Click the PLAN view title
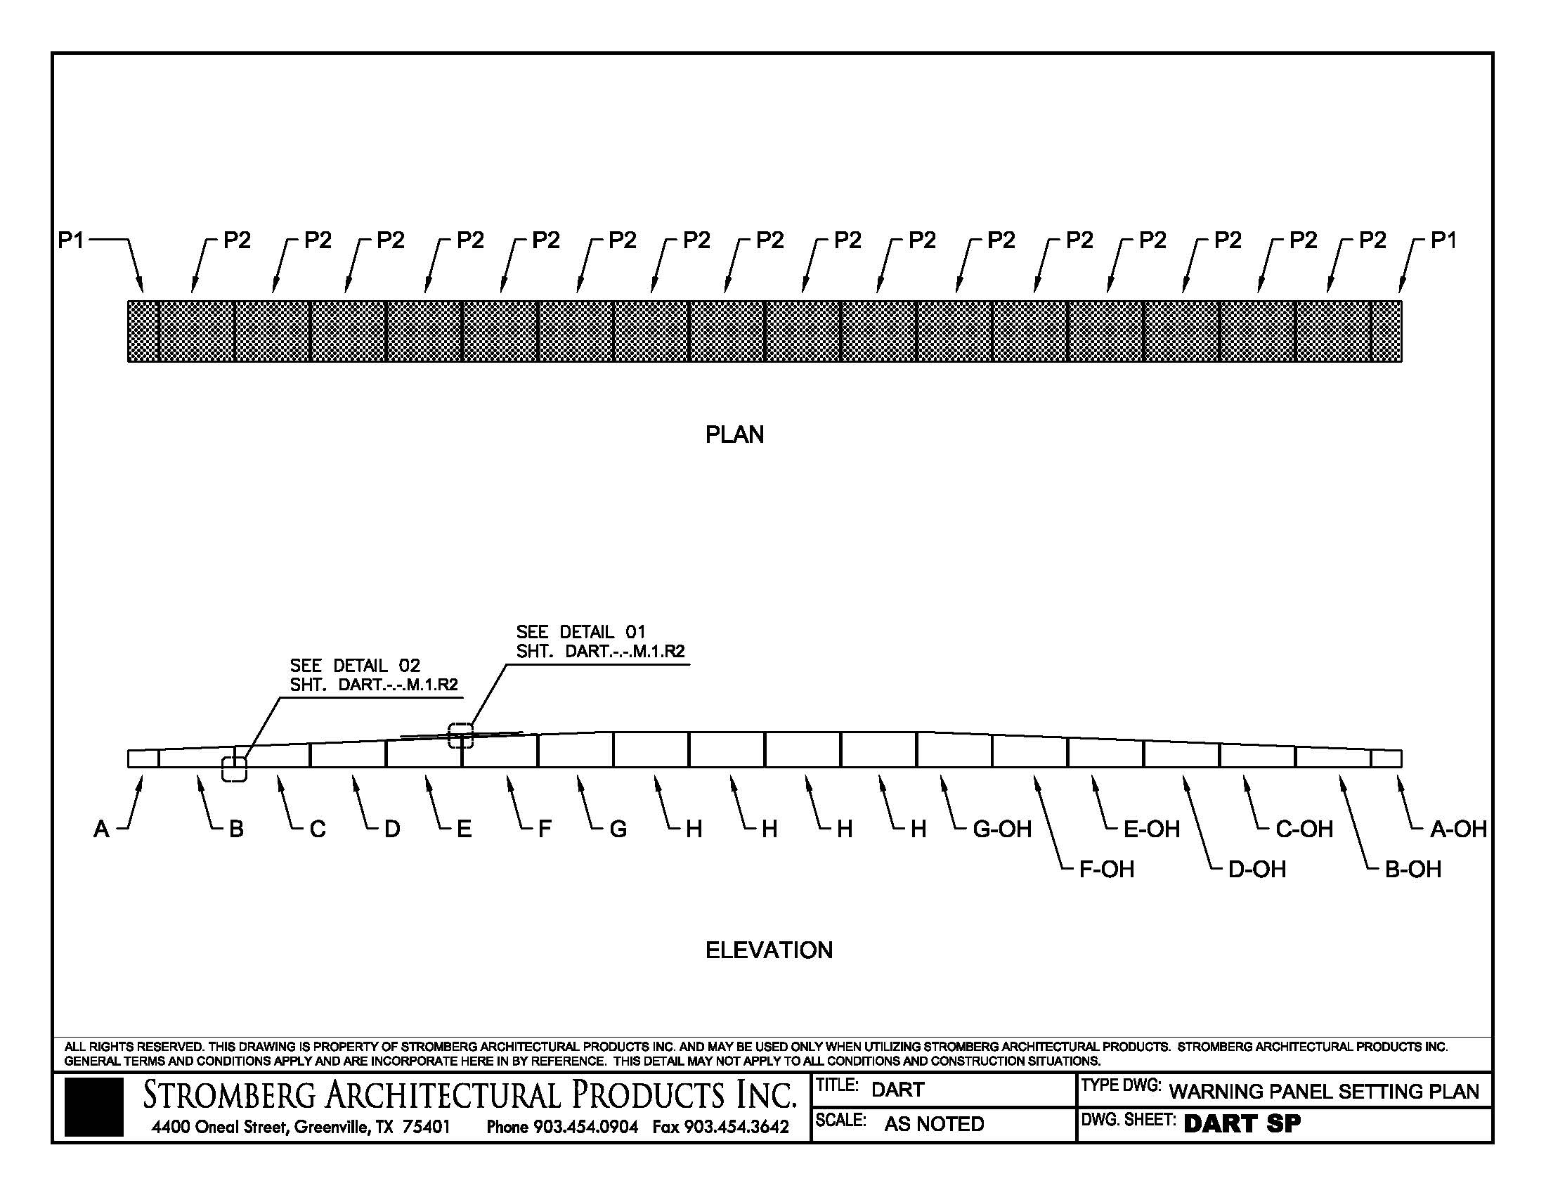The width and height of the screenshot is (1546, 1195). click(734, 434)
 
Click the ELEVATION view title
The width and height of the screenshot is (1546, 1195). click(769, 950)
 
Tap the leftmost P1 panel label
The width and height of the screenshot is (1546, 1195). click(71, 240)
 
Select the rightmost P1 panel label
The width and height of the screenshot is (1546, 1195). click(1443, 240)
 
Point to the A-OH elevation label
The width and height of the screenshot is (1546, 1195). click(1458, 828)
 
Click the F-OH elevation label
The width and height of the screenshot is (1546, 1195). click(1106, 869)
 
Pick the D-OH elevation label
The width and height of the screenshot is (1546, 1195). click(1256, 869)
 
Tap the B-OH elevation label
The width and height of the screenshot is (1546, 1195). click(1413, 869)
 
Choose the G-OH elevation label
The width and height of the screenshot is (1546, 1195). click(1002, 828)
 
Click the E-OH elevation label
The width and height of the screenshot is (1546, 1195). click(1152, 828)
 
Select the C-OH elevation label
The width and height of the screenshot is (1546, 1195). click(1304, 828)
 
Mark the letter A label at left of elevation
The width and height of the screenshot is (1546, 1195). click(101, 829)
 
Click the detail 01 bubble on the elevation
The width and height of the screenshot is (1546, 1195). click(461, 735)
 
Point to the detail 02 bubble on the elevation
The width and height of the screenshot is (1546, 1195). click(234, 769)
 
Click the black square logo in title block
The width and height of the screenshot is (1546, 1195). click(93, 1106)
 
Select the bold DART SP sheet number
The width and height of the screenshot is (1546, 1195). click(1242, 1123)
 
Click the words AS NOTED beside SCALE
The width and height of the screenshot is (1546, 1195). click(934, 1123)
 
